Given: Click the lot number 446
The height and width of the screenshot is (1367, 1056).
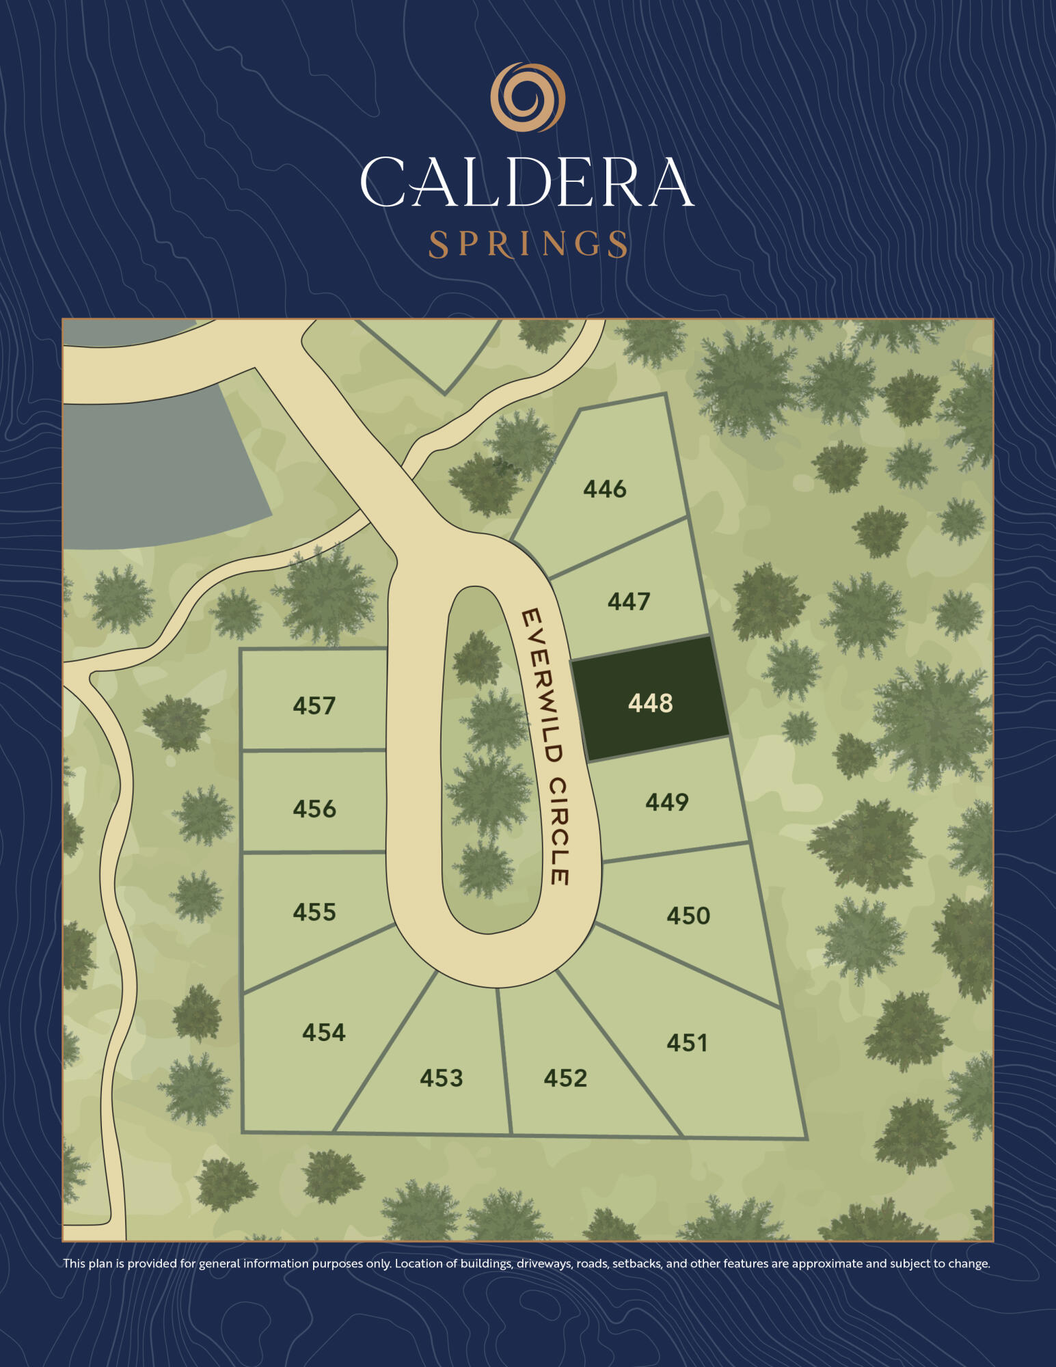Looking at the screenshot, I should point(604,489).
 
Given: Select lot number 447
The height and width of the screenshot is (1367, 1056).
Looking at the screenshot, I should point(628,601).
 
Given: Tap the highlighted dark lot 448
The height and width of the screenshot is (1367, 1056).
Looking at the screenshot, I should point(650,703).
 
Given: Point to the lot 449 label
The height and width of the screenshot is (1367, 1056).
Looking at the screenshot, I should point(666,802).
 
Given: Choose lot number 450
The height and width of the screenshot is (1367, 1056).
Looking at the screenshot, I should point(688,915).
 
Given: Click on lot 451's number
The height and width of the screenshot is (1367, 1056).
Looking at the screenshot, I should point(687,1042).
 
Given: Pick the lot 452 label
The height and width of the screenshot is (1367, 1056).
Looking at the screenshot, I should point(565,1078).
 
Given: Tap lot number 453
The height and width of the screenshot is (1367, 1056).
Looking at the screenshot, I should point(441,1078).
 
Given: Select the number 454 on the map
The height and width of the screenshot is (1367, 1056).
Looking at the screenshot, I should point(323,1032).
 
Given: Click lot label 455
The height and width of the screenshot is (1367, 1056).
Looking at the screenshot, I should point(314,912).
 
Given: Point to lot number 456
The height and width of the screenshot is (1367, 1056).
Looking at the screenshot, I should point(314,809).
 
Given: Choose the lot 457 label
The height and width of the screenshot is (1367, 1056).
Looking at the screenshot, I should point(314,705).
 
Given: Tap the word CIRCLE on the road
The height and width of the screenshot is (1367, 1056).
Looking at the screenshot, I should point(560,830).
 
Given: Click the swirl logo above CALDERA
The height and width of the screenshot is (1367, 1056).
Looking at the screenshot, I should point(528,97).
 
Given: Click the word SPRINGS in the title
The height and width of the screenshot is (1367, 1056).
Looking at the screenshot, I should point(528,244).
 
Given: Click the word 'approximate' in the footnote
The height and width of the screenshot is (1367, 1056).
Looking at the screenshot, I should point(827,1264).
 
